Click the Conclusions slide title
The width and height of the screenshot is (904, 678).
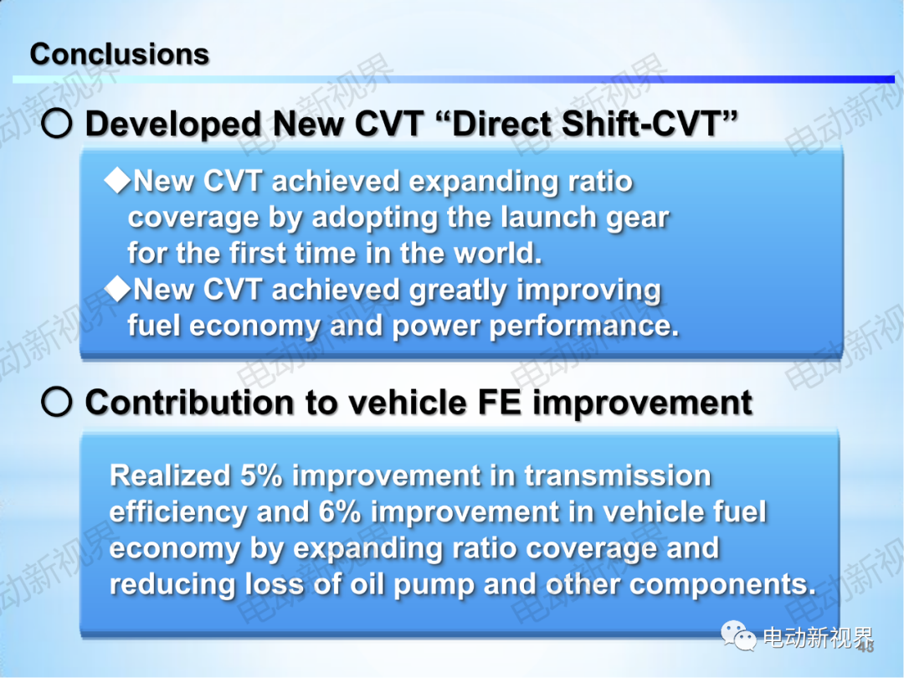click(x=120, y=54)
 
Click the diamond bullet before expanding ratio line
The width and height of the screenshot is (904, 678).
click(x=118, y=181)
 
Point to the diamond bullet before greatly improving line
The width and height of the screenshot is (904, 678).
click(x=118, y=288)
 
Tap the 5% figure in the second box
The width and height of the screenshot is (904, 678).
click(x=261, y=475)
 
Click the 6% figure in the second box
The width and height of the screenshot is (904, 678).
click(x=340, y=512)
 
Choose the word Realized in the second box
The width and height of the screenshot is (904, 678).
click(x=170, y=475)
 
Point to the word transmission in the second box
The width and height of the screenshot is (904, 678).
click(x=618, y=475)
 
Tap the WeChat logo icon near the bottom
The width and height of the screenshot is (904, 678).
click(x=738, y=636)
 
